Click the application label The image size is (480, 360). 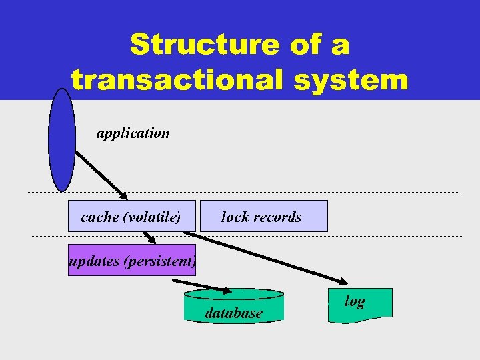pyautogui.click(x=133, y=133)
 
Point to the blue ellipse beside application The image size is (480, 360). pyautogui.click(x=62, y=139)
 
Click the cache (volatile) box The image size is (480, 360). pyautogui.click(x=132, y=217)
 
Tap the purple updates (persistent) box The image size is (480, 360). pyautogui.click(x=132, y=261)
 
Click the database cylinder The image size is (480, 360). pyautogui.click(x=233, y=307)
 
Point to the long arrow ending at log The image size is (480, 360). pyautogui.click(x=267, y=257)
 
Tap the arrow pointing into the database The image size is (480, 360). pyautogui.click(x=207, y=286)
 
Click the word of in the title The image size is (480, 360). pyautogui.click(x=300, y=45)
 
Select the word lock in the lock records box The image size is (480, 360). pyautogui.click(x=234, y=217)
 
